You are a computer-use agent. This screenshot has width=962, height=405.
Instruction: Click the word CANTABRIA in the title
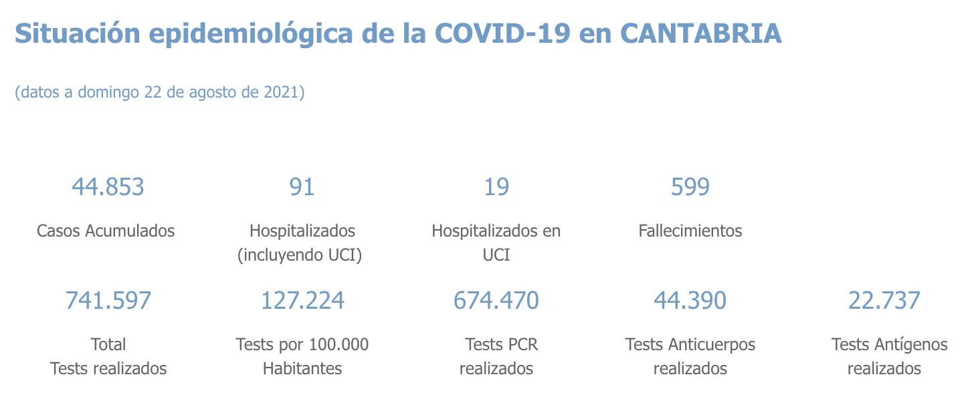[700, 33]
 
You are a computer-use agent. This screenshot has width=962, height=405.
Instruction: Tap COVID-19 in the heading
[502, 33]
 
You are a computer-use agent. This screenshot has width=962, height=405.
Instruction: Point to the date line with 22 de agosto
[159, 92]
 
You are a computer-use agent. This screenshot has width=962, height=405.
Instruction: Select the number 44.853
[108, 187]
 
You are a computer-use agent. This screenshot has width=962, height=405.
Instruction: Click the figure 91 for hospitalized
[302, 187]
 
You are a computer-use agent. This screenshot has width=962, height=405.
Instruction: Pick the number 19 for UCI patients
[496, 187]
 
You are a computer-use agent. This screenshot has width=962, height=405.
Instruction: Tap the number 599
[690, 187]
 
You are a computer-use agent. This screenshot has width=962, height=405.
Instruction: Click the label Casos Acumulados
[106, 231]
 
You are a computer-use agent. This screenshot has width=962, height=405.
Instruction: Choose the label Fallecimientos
[690, 231]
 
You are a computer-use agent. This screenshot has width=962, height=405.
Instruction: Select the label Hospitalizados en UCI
[496, 243]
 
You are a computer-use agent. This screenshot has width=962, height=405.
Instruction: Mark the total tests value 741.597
[108, 301]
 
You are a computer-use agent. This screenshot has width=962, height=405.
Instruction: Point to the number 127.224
[302, 301]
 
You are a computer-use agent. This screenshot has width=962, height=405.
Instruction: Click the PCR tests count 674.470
[496, 301]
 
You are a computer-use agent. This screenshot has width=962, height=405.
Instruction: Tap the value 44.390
[690, 301]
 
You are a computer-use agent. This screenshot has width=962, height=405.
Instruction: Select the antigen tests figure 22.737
[884, 301]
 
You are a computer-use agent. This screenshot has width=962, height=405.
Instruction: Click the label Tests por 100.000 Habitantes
[302, 356]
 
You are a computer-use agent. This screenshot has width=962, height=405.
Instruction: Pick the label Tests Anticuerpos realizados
[690, 356]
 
